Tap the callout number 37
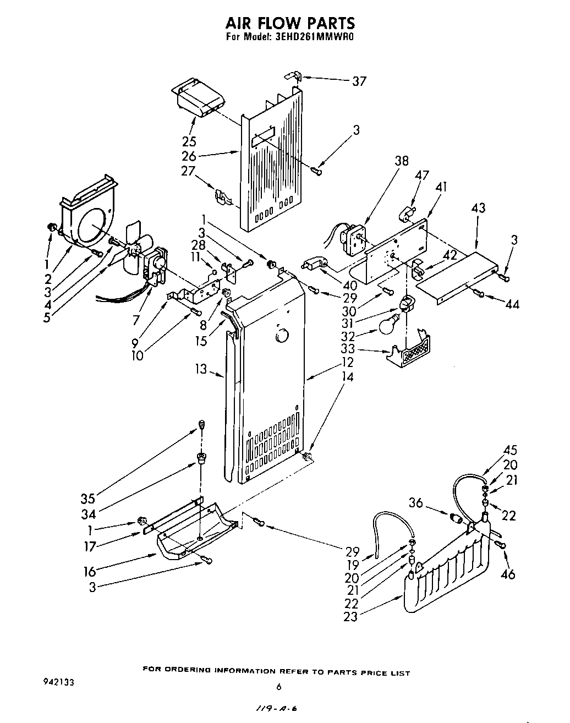359,81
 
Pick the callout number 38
402,161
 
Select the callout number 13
201,369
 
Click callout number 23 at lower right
350,617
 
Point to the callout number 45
509,451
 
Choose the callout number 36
416,502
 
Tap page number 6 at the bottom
279,687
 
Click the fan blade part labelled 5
132,248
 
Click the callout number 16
90,571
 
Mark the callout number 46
509,574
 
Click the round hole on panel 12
282,335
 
